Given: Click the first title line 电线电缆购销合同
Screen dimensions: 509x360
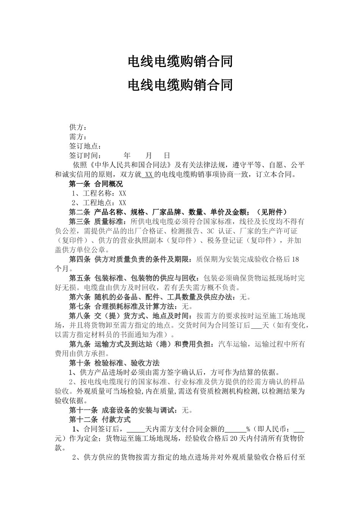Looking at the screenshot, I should click(180, 61).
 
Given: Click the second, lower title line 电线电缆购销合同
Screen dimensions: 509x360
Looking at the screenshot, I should click(180, 85).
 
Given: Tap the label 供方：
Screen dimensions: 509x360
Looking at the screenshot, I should click(78, 127).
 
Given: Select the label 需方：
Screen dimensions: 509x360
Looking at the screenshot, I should click(78, 137).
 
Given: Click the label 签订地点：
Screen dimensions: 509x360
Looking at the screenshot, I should click(85, 146).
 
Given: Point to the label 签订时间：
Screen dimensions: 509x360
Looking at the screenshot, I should click(85, 156).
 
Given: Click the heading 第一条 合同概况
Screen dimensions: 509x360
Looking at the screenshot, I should click(96, 184).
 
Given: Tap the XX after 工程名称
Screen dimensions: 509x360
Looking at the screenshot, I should click(122, 194).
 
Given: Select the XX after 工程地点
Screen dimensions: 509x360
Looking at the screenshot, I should click(122, 203).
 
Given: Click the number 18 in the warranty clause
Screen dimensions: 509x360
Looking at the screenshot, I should click(296, 259).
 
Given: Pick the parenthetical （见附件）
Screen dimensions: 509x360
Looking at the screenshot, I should click(272, 212).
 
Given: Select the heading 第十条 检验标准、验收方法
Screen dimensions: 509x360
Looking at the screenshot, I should click(114, 363).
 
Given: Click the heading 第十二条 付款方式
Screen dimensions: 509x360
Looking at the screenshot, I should click(100, 420).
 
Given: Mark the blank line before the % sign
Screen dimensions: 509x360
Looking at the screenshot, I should click(235, 430).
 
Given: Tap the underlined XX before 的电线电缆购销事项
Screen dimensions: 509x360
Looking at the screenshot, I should click(149, 175).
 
